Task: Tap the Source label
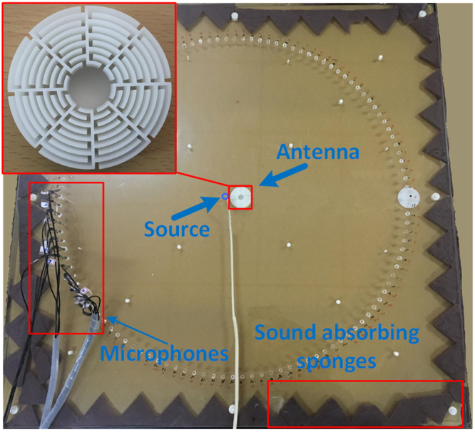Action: [x=176, y=229]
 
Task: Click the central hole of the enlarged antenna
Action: [x=92, y=87]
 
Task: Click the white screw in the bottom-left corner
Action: [x=14, y=412]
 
